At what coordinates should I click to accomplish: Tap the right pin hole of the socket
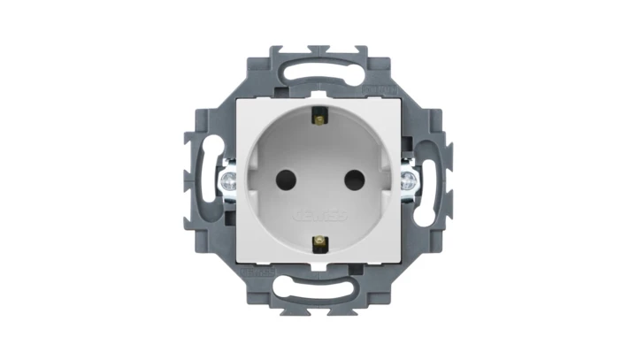point(348,178)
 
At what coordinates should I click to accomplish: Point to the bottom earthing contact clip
point(318,241)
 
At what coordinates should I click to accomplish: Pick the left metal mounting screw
point(226,180)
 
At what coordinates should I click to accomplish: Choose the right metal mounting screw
point(410,180)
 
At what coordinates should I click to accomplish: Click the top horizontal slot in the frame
point(318,67)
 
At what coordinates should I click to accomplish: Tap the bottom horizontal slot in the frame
point(318,288)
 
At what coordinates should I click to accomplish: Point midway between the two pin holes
point(318,178)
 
